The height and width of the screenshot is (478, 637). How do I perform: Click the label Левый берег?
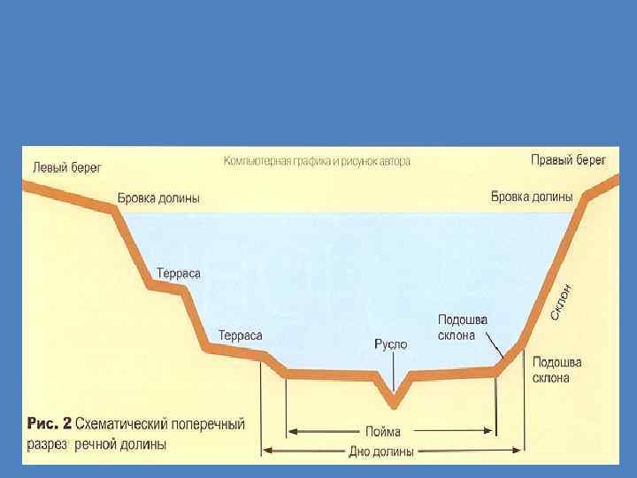click(67, 166)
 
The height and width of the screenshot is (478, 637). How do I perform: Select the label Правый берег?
click(568, 160)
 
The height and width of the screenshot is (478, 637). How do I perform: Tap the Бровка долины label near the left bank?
click(158, 197)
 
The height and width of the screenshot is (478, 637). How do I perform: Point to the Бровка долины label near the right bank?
click(532, 197)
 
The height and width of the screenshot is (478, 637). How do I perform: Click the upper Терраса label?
click(179, 274)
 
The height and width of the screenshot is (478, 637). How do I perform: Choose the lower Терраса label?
click(240, 335)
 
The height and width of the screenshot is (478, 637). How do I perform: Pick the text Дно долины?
click(381, 451)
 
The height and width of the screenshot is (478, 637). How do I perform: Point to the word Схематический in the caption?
click(130, 425)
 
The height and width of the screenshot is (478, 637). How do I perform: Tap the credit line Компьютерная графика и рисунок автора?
click(317, 162)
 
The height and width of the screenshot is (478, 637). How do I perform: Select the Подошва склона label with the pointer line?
click(463, 328)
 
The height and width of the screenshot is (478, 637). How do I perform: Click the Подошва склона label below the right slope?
click(556, 370)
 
